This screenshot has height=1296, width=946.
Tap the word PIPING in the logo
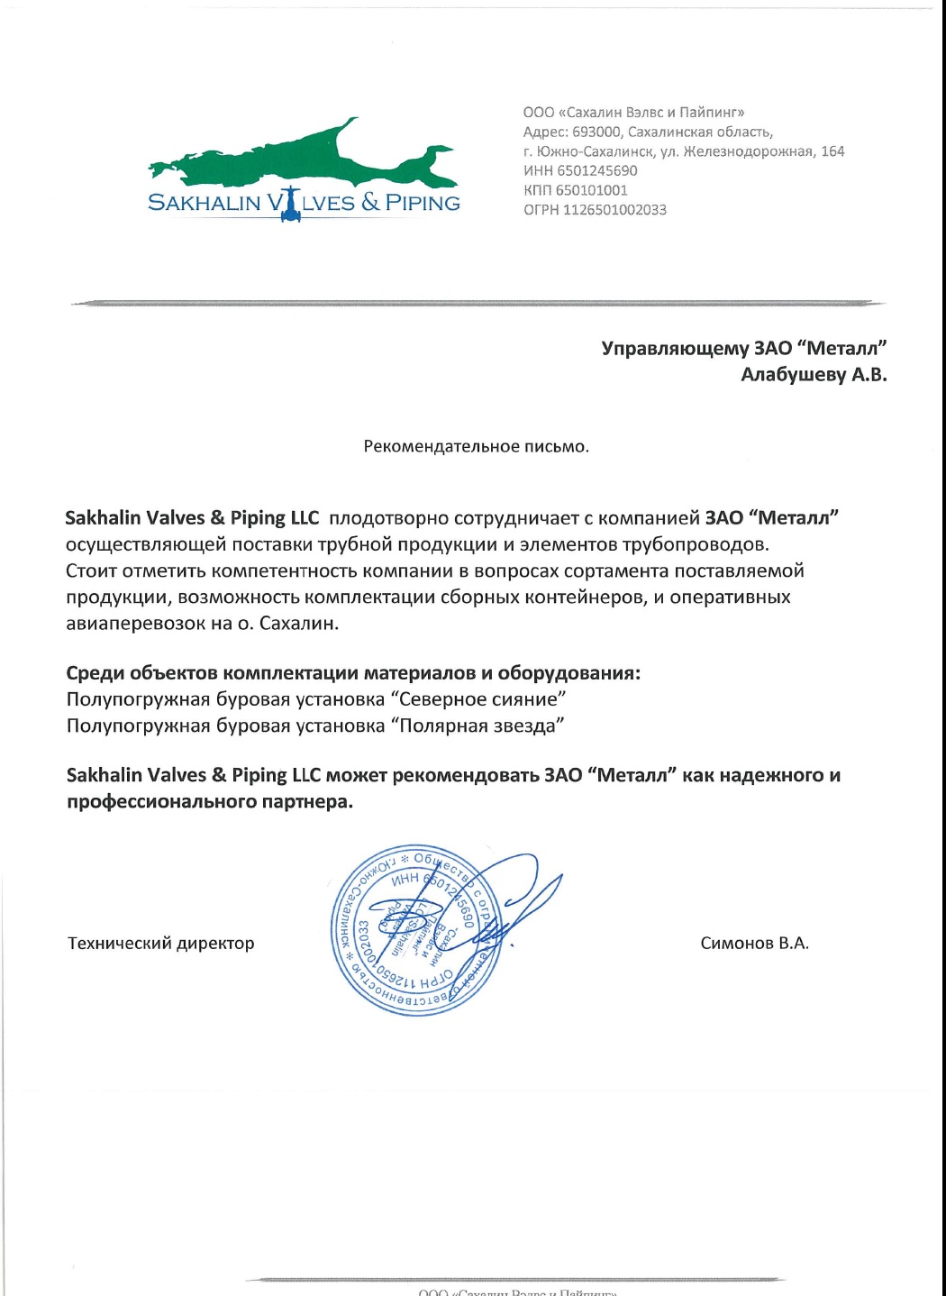tap(423, 203)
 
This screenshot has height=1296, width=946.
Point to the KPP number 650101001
tap(591, 190)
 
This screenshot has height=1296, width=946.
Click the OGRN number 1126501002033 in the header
tap(614, 210)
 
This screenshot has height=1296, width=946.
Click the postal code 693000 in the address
tap(596, 132)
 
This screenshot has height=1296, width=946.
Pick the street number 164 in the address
tap(832, 151)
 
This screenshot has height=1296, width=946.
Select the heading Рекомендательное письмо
tap(476, 447)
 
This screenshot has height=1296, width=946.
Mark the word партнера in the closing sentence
tap(305, 801)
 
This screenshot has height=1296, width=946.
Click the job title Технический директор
tap(161, 944)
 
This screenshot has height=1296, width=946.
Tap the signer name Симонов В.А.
tap(754, 944)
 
